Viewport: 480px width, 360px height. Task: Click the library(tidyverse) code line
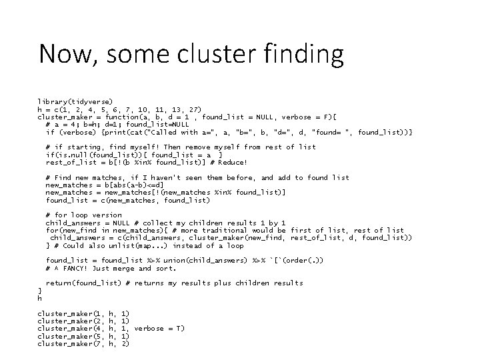tap(75, 101)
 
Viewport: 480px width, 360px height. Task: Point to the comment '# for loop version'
tap(83, 215)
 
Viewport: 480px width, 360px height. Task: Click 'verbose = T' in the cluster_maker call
tap(159, 329)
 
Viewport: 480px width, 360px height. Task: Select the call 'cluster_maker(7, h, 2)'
tap(83, 344)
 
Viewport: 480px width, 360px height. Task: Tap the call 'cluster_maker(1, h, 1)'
tap(83, 313)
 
